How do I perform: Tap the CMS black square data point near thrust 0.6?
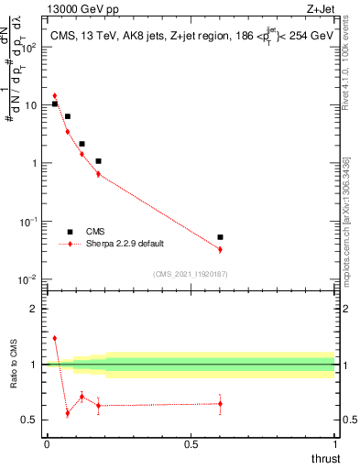pyautogui.click(x=220, y=237)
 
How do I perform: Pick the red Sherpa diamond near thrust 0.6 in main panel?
pyautogui.click(x=220, y=249)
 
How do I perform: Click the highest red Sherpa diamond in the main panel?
pyautogui.click(x=55, y=95)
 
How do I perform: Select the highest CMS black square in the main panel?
pyautogui.click(x=55, y=104)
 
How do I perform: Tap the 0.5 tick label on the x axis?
pyautogui.click(x=191, y=444)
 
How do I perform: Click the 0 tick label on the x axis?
pyautogui.click(x=47, y=444)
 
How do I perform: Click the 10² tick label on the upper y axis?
pyautogui.click(x=28, y=47)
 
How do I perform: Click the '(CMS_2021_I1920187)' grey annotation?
pyautogui.click(x=191, y=274)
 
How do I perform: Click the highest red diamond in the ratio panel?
pyautogui.click(x=55, y=338)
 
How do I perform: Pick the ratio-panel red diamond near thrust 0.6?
pyautogui.click(x=220, y=404)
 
